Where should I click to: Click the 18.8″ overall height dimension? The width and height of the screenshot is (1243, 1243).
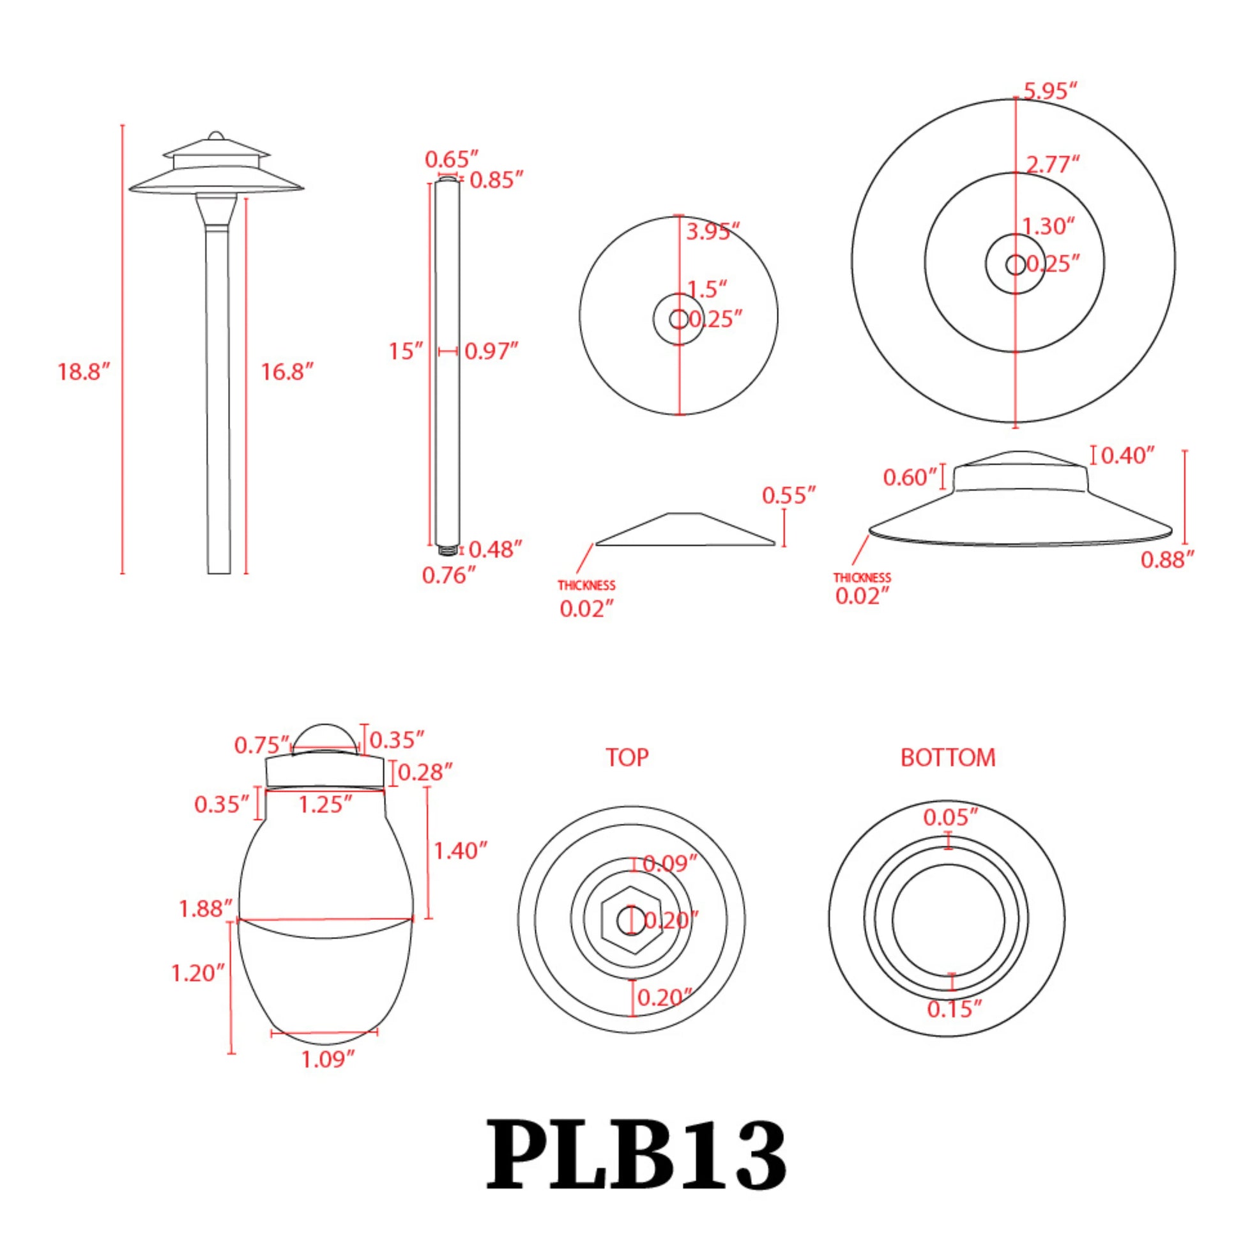click(84, 372)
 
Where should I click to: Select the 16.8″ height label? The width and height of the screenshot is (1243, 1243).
click(286, 372)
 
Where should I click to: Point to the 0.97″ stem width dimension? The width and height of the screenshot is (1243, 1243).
click(491, 351)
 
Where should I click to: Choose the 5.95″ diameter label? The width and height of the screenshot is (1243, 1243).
click(1050, 91)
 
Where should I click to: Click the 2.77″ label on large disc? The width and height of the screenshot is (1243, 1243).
click(1052, 165)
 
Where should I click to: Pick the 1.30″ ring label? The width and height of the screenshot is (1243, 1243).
click(1049, 227)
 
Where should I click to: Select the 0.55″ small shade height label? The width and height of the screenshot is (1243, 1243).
click(789, 496)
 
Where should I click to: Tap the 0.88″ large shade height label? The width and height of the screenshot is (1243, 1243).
click(1167, 560)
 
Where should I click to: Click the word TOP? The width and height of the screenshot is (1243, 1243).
click(627, 758)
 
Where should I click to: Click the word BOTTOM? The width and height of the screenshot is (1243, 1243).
click(948, 758)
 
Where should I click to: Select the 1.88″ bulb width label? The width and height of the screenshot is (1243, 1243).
click(205, 909)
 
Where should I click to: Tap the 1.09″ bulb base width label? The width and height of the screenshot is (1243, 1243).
click(328, 1059)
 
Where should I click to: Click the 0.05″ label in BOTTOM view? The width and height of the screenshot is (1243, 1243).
click(950, 818)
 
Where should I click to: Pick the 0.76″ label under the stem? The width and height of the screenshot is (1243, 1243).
click(448, 575)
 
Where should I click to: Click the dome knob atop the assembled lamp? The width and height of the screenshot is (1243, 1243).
click(217, 136)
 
